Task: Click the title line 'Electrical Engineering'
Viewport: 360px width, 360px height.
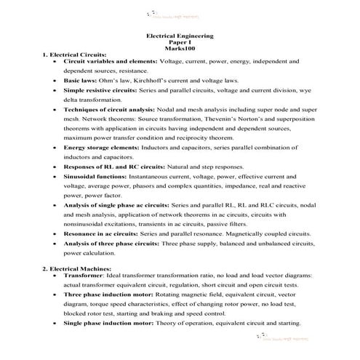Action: coord(180,35)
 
